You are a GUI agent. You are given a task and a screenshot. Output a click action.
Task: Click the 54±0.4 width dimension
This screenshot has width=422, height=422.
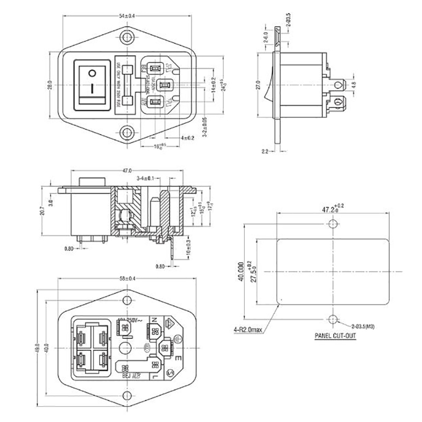pyautogui.click(x=127, y=16)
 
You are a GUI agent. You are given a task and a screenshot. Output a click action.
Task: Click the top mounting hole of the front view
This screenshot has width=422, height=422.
pyautogui.click(x=127, y=39)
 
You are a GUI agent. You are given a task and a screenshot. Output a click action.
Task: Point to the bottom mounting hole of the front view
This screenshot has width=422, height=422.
pyautogui.click(x=127, y=132)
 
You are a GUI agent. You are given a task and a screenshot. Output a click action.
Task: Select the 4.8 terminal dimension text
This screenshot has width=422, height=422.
pyautogui.click(x=354, y=83)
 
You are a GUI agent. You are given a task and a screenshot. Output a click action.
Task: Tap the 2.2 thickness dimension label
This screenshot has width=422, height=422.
pyautogui.click(x=264, y=151)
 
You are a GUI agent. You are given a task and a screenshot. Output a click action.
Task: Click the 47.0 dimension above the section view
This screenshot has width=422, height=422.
pyautogui.click(x=127, y=171)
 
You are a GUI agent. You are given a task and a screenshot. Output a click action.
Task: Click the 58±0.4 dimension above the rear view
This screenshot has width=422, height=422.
pyautogui.click(x=127, y=278)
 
